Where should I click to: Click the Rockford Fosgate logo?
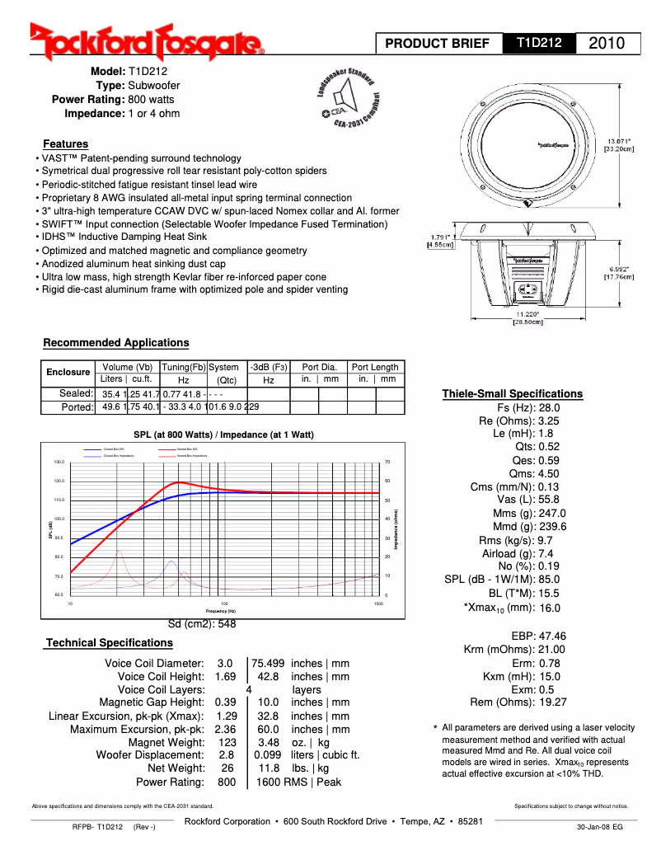pyautogui.click(x=147, y=41)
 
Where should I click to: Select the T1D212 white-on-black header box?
pyautogui.click(x=539, y=42)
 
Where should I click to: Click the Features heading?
pyautogui.click(x=65, y=144)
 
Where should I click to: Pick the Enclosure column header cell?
pyautogui.click(x=68, y=373)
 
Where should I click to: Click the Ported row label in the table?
pyautogui.click(x=77, y=407)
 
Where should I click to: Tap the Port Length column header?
pyautogui.click(x=375, y=367)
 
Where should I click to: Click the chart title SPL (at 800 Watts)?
pyautogui.click(x=223, y=435)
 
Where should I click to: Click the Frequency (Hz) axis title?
pyautogui.click(x=226, y=611)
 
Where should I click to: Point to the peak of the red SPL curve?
pyautogui.click(x=179, y=482)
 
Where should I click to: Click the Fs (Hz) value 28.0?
pyautogui.click(x=549, y=408)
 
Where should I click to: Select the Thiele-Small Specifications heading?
pyautogui.click(x=512, y=393)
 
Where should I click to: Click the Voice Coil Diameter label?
pyautogui.click(x=154, y=663)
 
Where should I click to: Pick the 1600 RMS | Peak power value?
pyautogui.click(x=298, y=782)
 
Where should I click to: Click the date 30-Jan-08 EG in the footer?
pyautogui.click(x=599, y=826)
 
